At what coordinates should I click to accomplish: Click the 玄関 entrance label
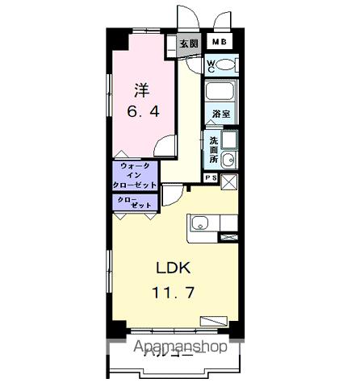[x=189, y=44]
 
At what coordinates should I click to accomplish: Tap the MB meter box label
[x=219, y=43]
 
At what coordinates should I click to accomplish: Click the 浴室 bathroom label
[x=220, y=114]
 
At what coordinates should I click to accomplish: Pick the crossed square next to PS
[x=228, y=181]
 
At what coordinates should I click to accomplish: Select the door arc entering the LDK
[x=172, y=194]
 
